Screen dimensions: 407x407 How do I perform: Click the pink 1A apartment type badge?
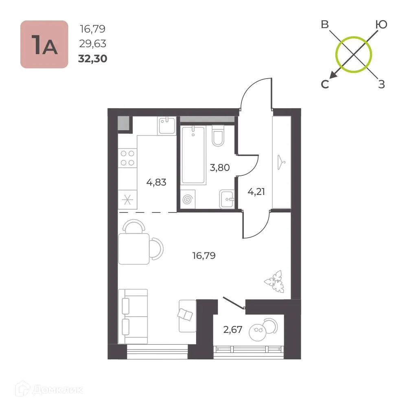click(x=44, y=44)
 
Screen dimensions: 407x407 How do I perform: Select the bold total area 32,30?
click(x=93, y=59)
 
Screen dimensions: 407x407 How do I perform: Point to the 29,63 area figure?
click(x=93, y=44)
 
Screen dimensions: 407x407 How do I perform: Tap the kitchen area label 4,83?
click(x=157, y=182)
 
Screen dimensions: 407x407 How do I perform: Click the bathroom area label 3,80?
click(x=219, y=167)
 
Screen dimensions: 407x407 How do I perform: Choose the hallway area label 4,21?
click(x=256, y=191)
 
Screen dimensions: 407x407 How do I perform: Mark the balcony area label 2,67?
click(x=233, y=330)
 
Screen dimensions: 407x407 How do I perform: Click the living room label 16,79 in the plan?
click(x=204, y=256)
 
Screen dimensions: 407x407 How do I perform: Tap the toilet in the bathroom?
click(x=218, y=136)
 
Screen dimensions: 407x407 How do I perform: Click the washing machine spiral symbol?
click(x=188, y=200)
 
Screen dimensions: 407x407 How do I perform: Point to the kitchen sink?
click(x=166, y=126)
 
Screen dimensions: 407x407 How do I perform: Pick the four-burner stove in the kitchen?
click(x=127, y=158)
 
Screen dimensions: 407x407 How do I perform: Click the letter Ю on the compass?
click(x=381, y=25)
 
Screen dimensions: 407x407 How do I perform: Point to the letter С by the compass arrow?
click(x=325, y=84)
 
